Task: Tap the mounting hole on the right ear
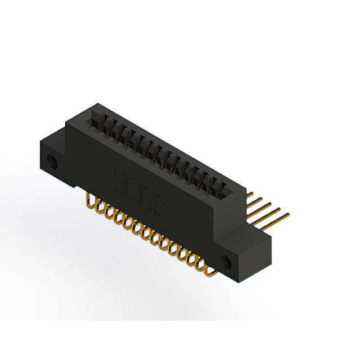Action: click(227, 262)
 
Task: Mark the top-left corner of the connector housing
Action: click(67, 121)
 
